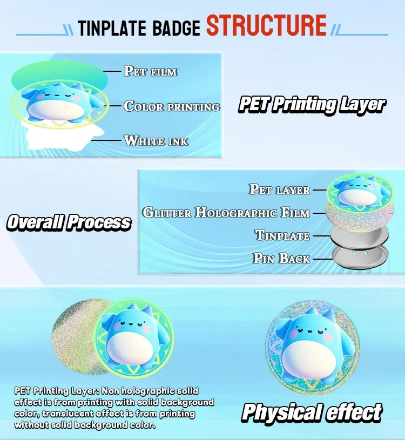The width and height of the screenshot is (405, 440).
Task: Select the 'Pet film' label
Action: pyautogui.click(x=151, y=71)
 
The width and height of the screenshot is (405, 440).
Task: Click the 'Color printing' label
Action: pyautogui.click(x=172, y=106)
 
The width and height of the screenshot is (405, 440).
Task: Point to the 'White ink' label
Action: pyautogui.click(x=156, y=141)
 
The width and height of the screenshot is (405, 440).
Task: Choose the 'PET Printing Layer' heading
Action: pyautogui.click(x=312, y=105)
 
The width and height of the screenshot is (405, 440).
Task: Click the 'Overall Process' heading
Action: pyautogui.click(x=69, y=222)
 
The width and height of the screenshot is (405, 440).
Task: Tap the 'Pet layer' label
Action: pyautogui.click(x=279, y=189)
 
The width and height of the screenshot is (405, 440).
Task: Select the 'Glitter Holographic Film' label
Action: pyautogui.click(x=226, y=212)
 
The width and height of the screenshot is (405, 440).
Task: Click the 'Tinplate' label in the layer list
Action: pyautogui.click(x=282, y=235)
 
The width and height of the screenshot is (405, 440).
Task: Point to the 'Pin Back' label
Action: pyautogui.click(x=281, y=259)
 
